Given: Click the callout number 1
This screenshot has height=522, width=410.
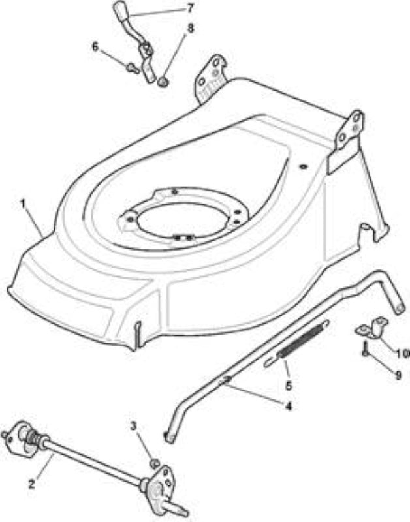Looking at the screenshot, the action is click(x=23, y=204).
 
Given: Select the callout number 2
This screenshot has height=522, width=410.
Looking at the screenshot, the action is click(x=31, y=484).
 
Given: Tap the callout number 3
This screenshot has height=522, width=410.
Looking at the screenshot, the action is click(x=133, y=426).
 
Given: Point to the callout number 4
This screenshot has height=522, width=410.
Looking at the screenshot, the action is click(x=289, y=405).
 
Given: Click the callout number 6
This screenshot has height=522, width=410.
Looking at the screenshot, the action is click(x=95, y=47).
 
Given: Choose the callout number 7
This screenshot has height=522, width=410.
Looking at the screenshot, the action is click(x=190, y=8).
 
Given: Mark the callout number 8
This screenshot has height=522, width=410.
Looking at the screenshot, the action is click(x=190, y=28).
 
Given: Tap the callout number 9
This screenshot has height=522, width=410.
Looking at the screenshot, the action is click(x=398, y=376).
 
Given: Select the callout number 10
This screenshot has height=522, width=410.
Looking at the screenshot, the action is click(x=402, y=353).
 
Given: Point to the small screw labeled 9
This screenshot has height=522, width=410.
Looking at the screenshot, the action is click(x=366, y=348).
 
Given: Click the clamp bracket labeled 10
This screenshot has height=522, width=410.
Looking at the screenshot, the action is click(x=372, y=328).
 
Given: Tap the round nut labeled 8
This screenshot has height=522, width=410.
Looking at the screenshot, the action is click(x=162, y=82).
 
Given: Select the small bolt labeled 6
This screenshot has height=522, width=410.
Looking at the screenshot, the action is click(x=133, y=69).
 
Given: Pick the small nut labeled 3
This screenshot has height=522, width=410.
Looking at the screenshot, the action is click(x=154, y=463).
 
